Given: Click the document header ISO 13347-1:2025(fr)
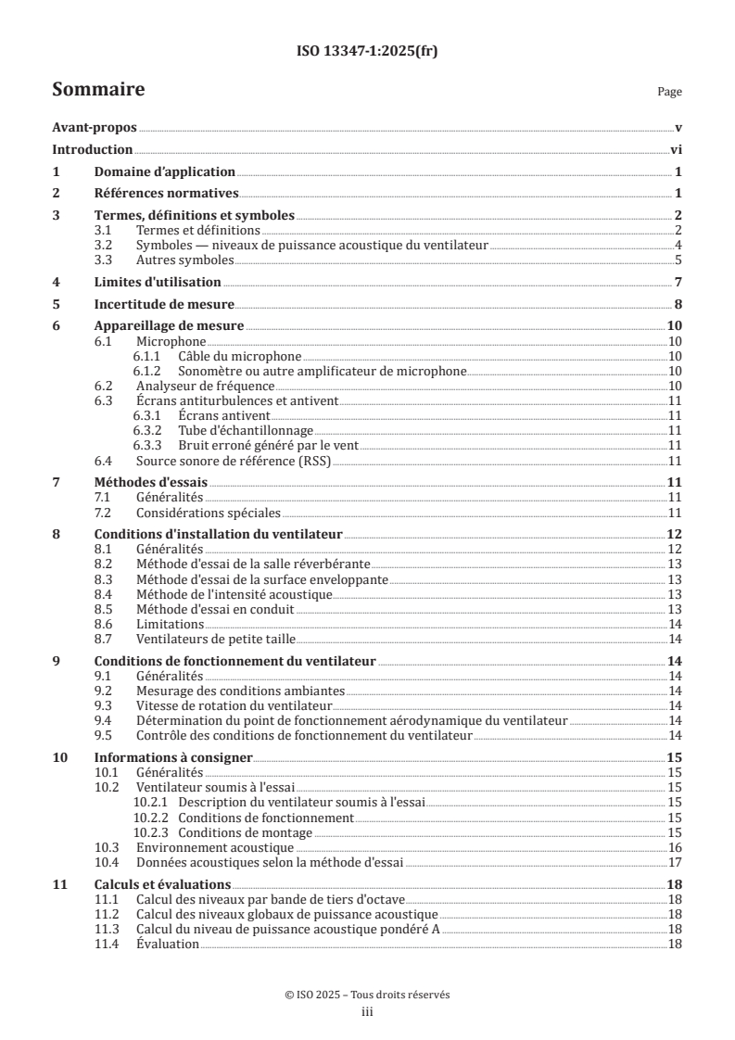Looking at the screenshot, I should pyautogui.click(x=367, y=52).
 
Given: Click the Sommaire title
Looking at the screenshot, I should pyautogui.click(x=98, y=90).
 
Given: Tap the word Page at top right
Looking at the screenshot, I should pyautogui.click(x=668, y=93).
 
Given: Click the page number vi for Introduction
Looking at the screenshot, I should pyautogui.click(x=676, y=150).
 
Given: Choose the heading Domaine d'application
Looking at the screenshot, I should pyautogui.click(x=164, y=171).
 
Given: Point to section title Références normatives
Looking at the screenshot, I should pyautogui.click(x=167, y=194).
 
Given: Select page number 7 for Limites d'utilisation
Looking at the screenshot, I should pyautogui.click(x=678, y=282).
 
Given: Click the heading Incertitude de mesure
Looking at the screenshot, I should pyautogui.click(x=164, y=304).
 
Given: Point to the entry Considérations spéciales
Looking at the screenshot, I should pyautogui.click(x=208, y=513).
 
